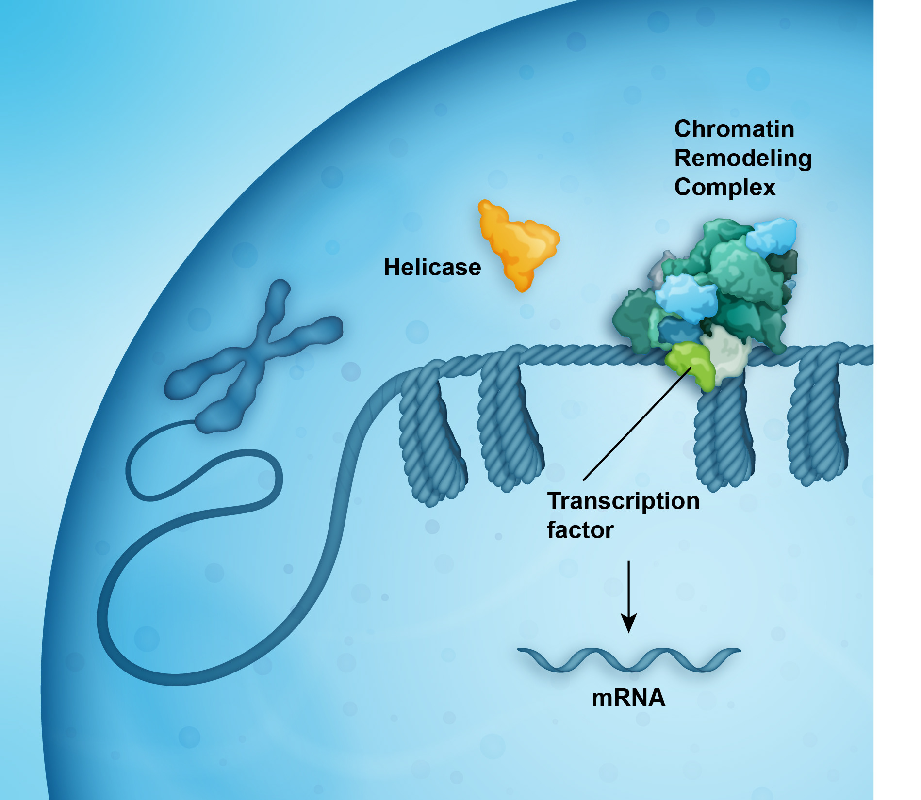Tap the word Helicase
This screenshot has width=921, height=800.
pos(432,267)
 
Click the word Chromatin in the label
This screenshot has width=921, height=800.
pos(734,129)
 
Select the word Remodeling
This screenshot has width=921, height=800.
pos(742,159)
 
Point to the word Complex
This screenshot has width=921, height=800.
pos(724,188)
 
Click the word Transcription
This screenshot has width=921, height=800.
pos(623,501)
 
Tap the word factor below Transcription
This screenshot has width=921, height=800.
pos(580,530)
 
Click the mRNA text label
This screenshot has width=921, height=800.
pos(628,698)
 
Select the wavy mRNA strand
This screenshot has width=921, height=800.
pos(629,659)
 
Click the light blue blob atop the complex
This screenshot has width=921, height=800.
pos(772,235)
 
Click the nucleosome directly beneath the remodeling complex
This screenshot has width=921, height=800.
pos(723,436)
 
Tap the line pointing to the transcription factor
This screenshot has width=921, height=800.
pos(636,424)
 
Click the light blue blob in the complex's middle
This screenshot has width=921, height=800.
pos(686,297)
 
